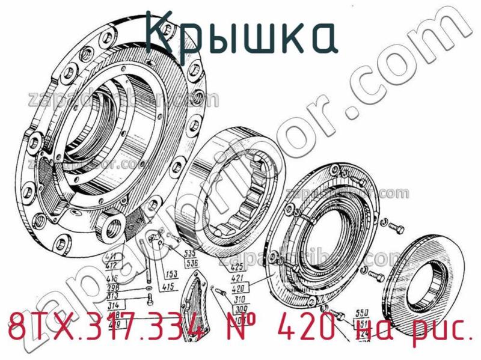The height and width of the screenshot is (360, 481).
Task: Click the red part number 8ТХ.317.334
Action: [106, 329]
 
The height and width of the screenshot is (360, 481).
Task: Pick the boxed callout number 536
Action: [191, 262]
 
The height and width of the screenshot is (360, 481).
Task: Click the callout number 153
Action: [170, 273]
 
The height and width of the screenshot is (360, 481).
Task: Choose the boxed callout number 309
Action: [241, 307]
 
